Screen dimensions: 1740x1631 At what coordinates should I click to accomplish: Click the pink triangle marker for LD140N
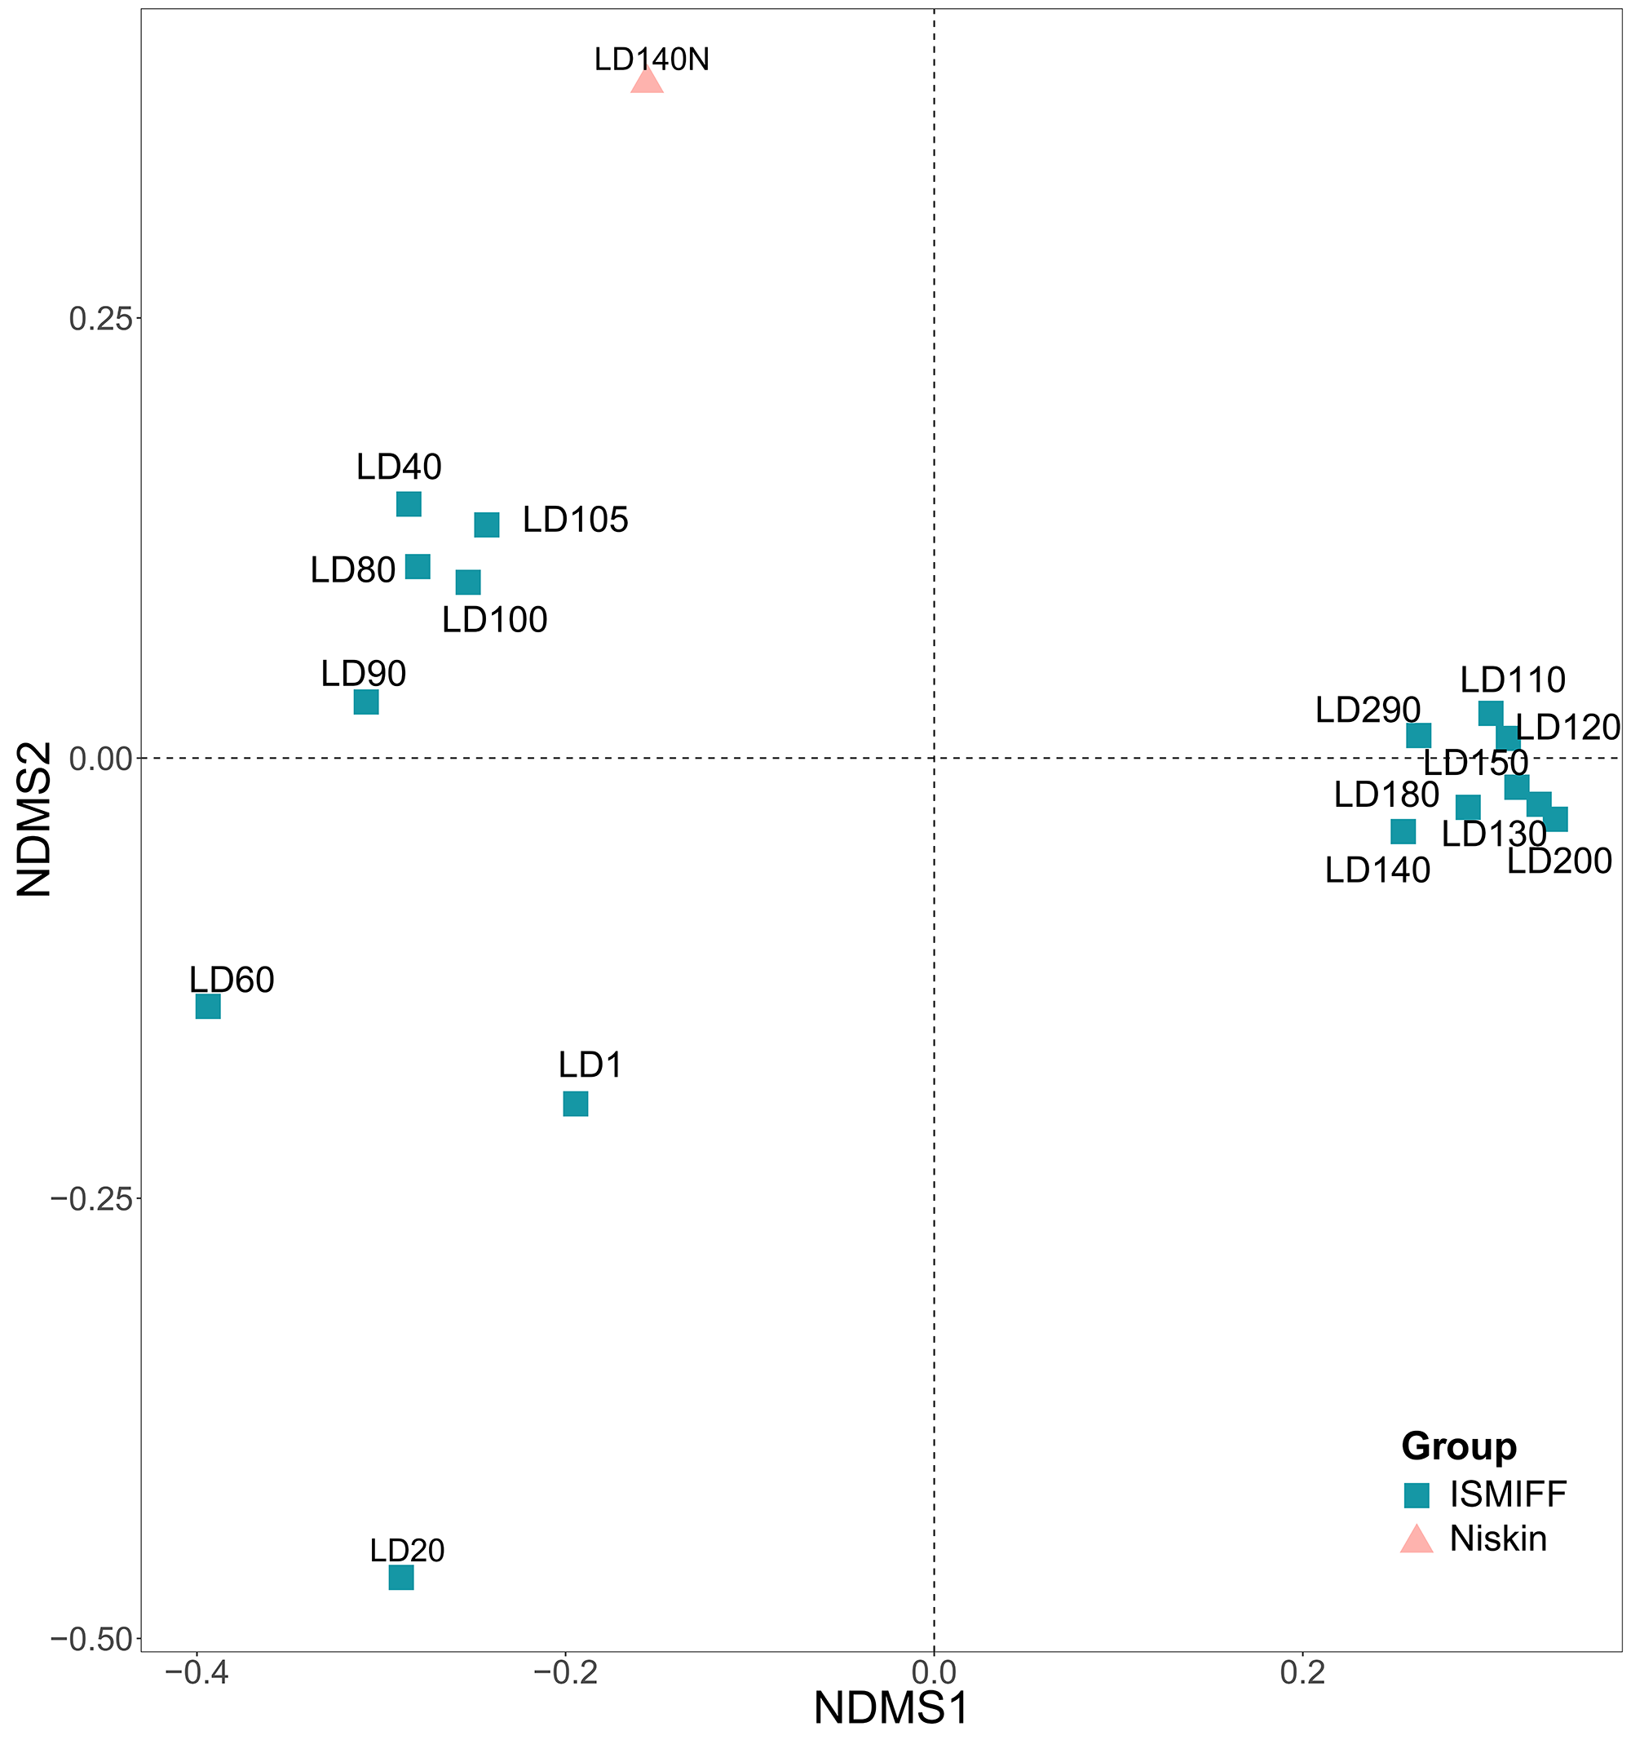pos(647,81)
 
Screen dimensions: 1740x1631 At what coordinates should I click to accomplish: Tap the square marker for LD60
pos(207,1007)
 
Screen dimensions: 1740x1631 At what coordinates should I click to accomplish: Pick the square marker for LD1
pos(575,1104)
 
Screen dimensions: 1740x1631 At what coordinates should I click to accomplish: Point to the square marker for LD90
pos(365,702)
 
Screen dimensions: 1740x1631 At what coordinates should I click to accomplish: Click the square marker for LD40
pos(409,504)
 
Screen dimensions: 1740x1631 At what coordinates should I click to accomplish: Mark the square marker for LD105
pos(487,525)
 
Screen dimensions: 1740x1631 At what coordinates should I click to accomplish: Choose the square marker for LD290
pos(1418,735)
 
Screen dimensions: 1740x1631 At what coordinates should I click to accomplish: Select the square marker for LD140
pos(1403,830)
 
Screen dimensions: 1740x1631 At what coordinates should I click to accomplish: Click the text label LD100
pos(494,621)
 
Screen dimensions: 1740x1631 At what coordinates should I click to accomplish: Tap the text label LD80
pos(352,571)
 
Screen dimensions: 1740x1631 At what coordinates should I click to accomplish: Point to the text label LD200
pos(1559,861)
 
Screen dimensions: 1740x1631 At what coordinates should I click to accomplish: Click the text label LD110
pos(1513,680)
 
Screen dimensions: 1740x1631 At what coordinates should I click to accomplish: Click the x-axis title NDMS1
pos(891,1709)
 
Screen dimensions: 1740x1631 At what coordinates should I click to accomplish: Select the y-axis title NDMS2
pos(35,819)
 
